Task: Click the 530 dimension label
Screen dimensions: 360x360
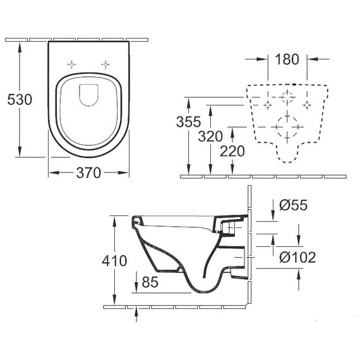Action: (x=20, y=100)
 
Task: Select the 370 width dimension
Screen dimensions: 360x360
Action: (x=88, y=172)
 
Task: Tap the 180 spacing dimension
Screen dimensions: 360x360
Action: (x=287, y=59)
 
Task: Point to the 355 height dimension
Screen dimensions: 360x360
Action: (x=188, y=122)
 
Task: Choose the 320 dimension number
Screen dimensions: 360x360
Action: (x=210, y=136)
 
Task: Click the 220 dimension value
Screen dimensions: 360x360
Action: (x=232, y=152)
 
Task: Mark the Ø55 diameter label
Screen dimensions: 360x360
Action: (x=294, y=205)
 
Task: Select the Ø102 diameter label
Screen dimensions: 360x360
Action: (x=297, y=257)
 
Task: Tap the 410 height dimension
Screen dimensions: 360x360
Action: (x=114, y=261)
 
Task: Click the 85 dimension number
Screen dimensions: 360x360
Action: (x=150, y=282)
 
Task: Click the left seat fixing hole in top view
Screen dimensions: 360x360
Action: (x=71, y=65)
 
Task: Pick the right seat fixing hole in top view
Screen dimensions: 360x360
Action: (x=105, y=65)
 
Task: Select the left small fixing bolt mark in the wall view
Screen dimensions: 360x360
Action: (x=268, y=105)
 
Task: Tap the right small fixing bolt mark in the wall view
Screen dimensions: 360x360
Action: (x=307, y=105)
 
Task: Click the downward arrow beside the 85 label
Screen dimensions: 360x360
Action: (x=136, y=282)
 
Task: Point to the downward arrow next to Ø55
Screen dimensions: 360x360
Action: (x=273, y=210)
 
